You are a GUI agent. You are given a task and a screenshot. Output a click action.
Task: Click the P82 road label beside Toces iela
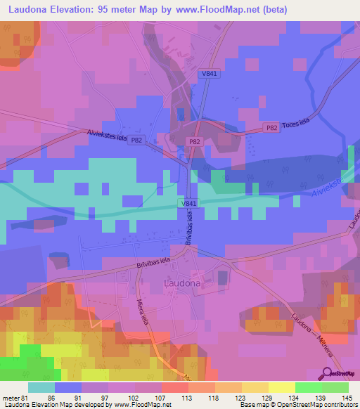pyautogui.click(x=271, y=127)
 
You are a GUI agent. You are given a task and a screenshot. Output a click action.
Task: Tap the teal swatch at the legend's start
pyautogui.click(x=41, y=387)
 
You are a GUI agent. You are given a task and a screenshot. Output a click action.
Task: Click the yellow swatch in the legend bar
pyautogui.click(x=282, y=387)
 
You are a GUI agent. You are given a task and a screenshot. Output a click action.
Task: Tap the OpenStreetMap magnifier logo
pyautogui.click(x=325, y=373)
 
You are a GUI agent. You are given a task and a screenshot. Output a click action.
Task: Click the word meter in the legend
pyautogui.click(x=12, y=397)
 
